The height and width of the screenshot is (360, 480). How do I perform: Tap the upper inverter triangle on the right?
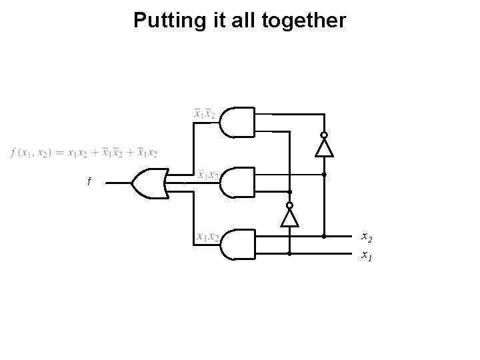coord(324,147)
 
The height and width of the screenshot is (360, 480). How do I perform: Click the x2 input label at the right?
coord(367,236)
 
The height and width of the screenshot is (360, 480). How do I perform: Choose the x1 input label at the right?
coord(367,254)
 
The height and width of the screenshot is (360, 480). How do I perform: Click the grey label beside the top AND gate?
coord(203,113)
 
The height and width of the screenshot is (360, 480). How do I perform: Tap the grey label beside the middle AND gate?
coord(208,175)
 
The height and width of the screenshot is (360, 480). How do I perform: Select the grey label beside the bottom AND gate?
coord(208,236)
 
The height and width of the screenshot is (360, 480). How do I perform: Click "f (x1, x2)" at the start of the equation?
coord(29,153)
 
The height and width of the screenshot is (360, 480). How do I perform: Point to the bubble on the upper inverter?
coord(324,135)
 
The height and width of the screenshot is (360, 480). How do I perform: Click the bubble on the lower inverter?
coord(290,205)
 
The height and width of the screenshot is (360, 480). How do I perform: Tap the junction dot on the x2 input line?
coord(324,236)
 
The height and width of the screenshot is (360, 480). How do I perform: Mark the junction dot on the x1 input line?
coord(290,254)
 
